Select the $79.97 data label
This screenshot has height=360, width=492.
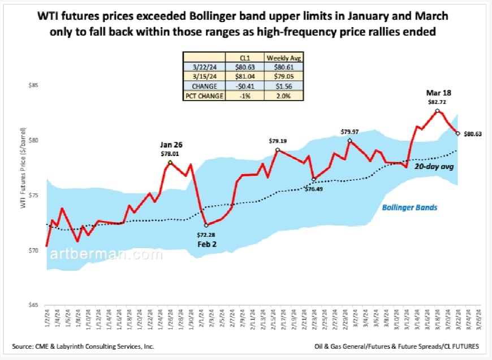click(349, 132)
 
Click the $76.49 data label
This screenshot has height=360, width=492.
click(314, 189)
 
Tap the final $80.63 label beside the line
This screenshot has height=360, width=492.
click(473, 134)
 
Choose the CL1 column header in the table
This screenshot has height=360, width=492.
click(244, 58)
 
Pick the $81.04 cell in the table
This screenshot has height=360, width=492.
click(244, 77)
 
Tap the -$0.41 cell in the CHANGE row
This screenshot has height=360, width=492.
click(244, 86)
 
